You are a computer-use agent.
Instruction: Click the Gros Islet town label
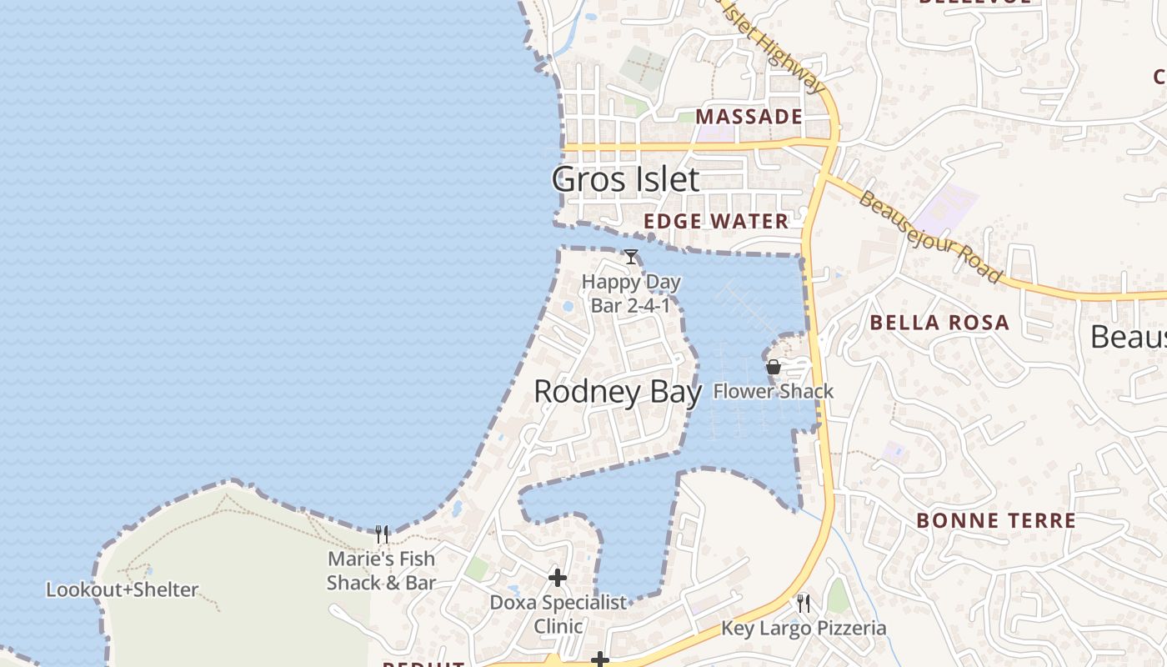pos(625,179)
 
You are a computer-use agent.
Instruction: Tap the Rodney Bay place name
pos(617,392)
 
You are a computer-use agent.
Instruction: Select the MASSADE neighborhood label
pos(749,117)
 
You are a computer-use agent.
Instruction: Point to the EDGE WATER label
pos(716,221)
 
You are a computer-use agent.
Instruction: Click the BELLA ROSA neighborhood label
pos(939,323)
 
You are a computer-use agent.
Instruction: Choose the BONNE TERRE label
pos(996,521)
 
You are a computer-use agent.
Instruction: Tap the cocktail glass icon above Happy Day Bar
pos(631,257)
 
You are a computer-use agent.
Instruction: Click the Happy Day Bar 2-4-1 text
pos(631,293)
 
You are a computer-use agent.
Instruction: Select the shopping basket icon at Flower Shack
pos(774,366)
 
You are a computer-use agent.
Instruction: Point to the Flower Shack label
pos(774,391)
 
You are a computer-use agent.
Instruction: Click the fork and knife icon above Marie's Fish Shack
pos(382,534)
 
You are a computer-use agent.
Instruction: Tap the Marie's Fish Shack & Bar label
pos(381,570)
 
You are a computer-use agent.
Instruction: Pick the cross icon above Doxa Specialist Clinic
pos(558,577)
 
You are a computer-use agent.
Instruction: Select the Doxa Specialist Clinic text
pos(558,614)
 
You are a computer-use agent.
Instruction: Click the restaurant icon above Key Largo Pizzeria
pos(804,603)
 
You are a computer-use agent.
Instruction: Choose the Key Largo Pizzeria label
pos(804,628)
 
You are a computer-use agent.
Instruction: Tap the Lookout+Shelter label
pos(122,589)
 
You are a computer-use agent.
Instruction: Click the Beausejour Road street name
pos(929,237)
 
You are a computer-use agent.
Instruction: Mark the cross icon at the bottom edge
pos(599,660)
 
